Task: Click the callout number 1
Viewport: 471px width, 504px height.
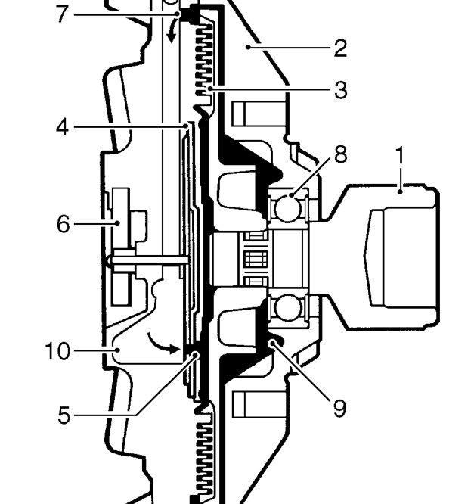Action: tap(400, 156)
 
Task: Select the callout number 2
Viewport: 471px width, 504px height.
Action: tap(341, 48)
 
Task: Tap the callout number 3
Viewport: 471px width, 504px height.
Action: tap(341, 90)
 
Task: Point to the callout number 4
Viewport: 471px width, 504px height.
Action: tap(62, 127)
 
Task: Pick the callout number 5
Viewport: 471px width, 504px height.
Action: tap(64, 415)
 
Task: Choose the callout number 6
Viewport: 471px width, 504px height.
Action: tap(64, 224)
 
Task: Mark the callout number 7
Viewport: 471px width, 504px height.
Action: tap(62, 14)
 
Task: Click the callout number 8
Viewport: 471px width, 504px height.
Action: tap(341, 154)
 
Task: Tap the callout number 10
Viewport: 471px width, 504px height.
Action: tap(57, 350)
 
